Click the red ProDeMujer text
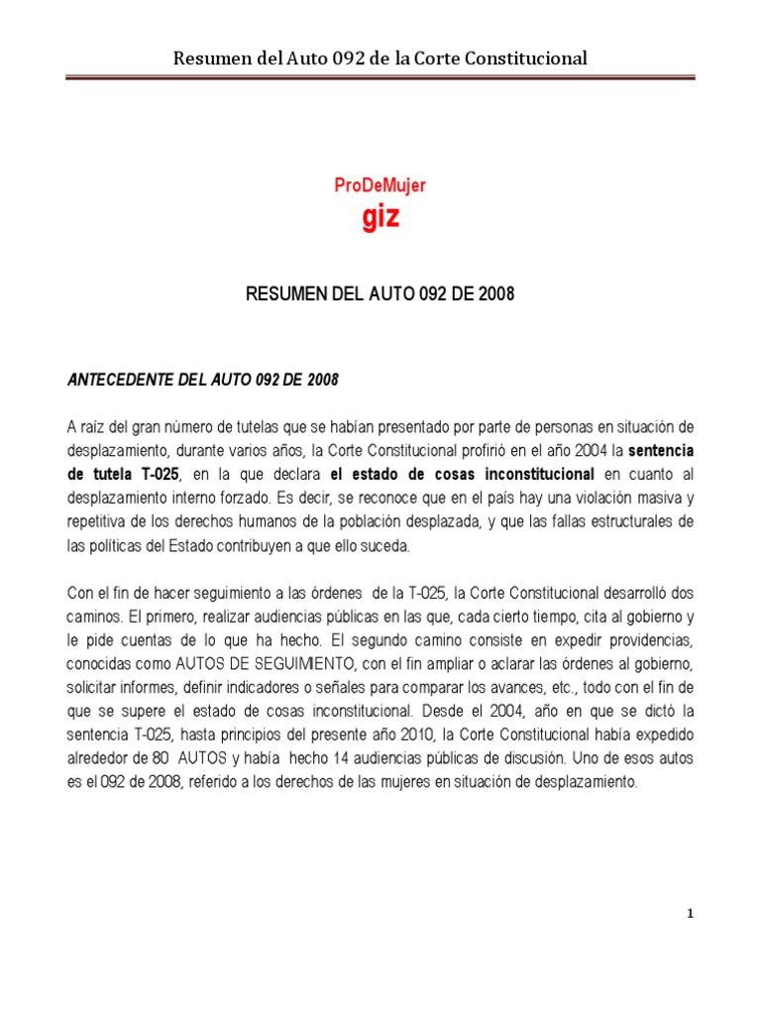tap(380, 184)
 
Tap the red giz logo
tap(380, 217)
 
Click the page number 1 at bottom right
tap(690, 914)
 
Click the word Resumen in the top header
tap(211, 58)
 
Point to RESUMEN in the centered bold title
tap(285, 294)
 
